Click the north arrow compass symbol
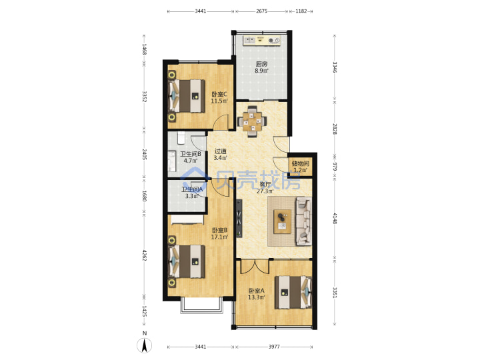[145, 345]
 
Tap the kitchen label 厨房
[261, 64]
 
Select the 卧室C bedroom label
[219, 94]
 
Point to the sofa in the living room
[304, 221]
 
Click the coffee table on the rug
[283, 221]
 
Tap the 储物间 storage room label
[300, 163]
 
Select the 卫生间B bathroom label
[191, 154]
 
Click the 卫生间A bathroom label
[192, 189]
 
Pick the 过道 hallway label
[220, 151]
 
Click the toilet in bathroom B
[181, 138]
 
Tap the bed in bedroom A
[293, 292]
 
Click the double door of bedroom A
[255, 266]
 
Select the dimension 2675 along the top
[262, 11]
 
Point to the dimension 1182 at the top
[301, 11]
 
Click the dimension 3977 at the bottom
[274, 347]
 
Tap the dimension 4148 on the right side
[335, 218]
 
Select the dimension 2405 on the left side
[145, 154]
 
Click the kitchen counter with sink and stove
[262, 41]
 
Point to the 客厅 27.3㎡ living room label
[265, 188]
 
